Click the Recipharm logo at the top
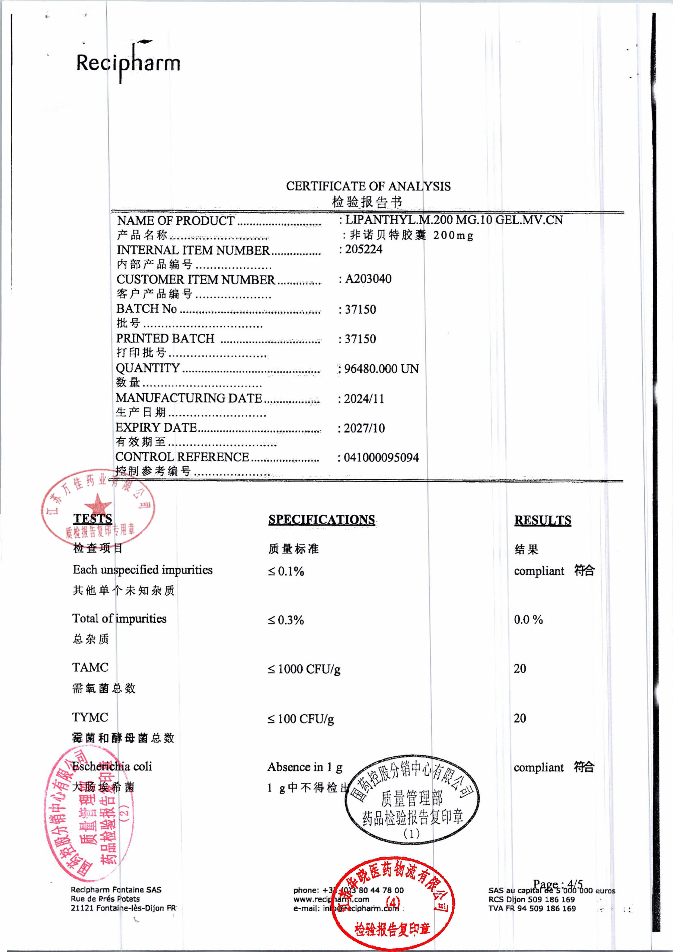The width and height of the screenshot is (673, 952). pos(128,62)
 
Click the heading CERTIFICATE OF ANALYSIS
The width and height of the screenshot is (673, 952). pos(368,186)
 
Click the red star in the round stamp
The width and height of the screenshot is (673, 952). pos(98,505)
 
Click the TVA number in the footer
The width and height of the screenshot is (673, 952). pos(532,908)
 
